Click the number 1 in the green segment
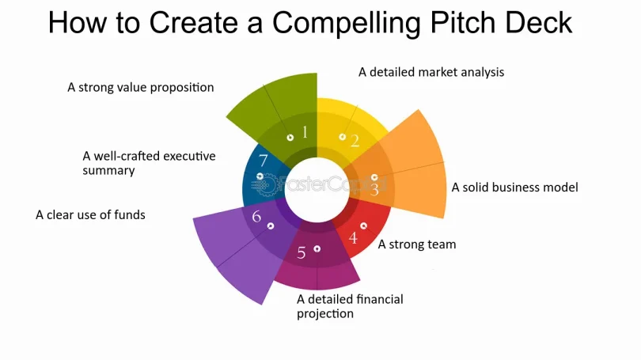point(305,132)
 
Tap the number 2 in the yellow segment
point(355,141)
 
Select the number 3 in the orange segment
point(374,190)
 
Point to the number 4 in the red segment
point(353,237)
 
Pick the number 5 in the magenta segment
point(302,253)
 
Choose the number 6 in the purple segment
point(256,216)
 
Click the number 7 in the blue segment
point(263,160)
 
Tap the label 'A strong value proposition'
point(141,88)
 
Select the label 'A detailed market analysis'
point(431,72)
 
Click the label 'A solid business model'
point(514,188)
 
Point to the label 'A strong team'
point(417,244)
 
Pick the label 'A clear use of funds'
point(90,215)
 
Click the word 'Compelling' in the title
point(347,23)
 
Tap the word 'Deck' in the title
point(538,22)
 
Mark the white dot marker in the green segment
point(290,138)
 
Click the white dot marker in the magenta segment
point(317,249)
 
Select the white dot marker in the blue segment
point(260,176)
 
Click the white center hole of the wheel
point(317,190)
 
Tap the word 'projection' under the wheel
point(325,314)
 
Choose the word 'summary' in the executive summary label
point(108,171)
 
